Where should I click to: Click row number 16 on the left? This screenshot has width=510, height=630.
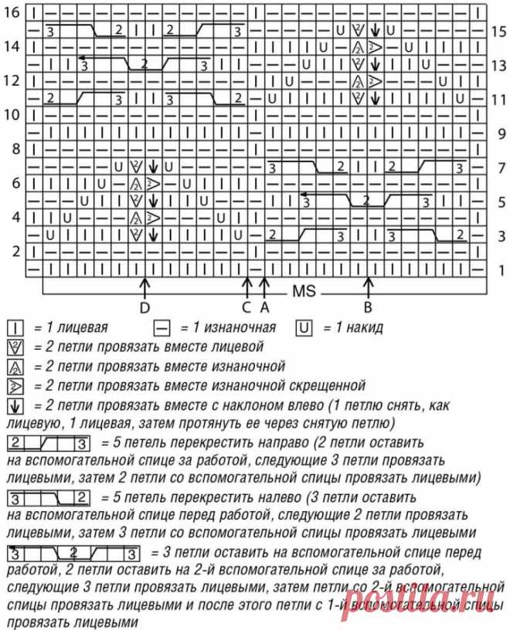click(x=14, y=13)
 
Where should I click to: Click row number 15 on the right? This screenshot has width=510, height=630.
click(x=498, y=31)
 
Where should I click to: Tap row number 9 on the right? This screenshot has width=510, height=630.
click(x=498, y=133)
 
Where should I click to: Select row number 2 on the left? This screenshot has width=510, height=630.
click(x=15, y=251)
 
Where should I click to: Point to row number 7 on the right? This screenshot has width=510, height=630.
click(x=498, y=167)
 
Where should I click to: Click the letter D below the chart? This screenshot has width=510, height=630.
click(x=144, y=308)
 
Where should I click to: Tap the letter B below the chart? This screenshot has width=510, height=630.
click(x=369, y=308)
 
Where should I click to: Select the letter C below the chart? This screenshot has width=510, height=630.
click(x=246, y=308)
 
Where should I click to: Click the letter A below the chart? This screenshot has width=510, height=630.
click(x=264, y=308)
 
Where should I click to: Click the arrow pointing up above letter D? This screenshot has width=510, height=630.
click(x=144, y=287)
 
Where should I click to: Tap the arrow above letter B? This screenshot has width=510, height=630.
click(x=369, y=287)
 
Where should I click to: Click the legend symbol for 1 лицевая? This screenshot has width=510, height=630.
click(x=14, y=327)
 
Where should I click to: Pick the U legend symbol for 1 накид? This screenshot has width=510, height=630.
click(x=304, y=327)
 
